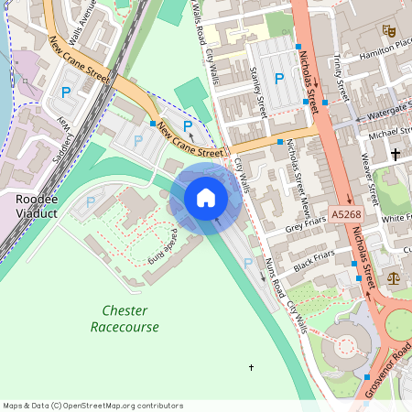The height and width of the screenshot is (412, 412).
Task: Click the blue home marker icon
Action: pos(206,197)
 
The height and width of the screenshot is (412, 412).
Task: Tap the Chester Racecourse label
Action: pos(125,319)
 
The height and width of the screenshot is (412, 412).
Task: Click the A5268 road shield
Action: pos(347,214)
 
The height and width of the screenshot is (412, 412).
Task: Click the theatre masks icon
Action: pos(389,31)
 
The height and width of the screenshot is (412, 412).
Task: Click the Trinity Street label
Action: pos(341,78)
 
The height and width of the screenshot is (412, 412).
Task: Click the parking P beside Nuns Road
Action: pos(247,263)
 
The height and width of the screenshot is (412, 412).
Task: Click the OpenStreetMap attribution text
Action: pos(92,406)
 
